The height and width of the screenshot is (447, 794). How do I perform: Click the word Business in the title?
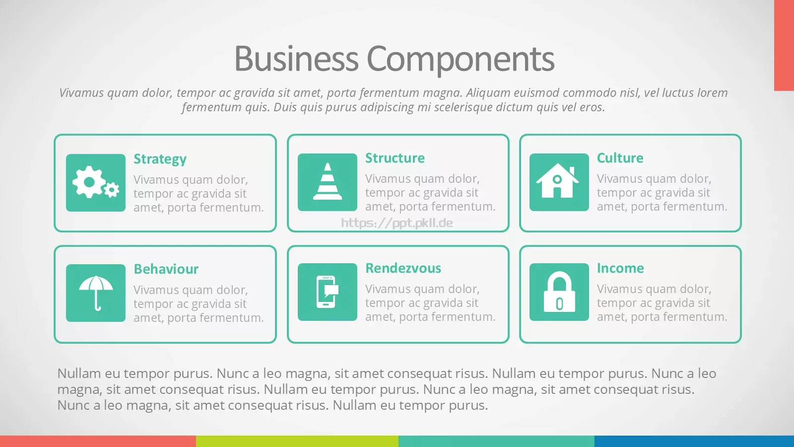(x=296, y=59)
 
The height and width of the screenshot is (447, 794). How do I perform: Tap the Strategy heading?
(x=160, y=159)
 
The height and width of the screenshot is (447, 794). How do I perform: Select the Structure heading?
(x=395, y=158)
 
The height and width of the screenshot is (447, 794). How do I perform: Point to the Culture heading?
(x=620, y=158)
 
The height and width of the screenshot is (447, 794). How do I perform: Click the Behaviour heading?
(x=166, y=269)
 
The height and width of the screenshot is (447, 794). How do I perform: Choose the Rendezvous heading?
(x=403, y=268)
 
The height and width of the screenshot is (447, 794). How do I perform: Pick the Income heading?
(x=620, y=268)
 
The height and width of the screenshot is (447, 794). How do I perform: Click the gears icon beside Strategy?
(x=96, y=182)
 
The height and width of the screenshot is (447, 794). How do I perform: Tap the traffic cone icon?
(x=328, y=182)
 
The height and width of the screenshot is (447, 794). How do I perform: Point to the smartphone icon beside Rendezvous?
(x=328, y=292)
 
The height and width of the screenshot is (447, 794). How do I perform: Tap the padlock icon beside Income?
(x=559, y=292)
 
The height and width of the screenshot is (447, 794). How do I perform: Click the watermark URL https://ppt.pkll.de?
(x=397, y=223)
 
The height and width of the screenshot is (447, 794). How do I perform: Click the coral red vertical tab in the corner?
(x=784, y=45)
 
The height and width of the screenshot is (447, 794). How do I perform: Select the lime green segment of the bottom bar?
(x=297, y=442)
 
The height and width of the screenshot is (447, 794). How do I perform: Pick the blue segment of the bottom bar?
(x=694, y=442)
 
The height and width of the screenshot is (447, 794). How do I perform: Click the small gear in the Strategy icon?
(x=112, y=190)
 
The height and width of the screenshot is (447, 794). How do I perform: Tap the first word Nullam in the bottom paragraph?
(x=79, y=373)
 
